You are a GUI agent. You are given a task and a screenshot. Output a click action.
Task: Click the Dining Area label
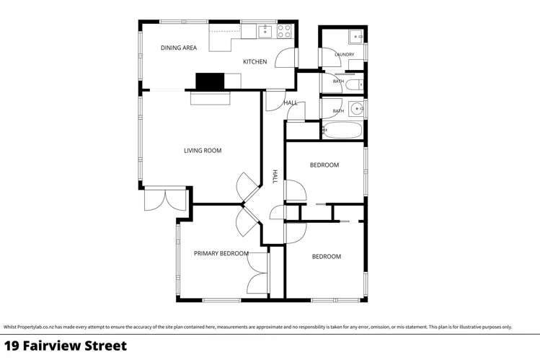coord(179,48)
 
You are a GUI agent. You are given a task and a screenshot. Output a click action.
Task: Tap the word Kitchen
coord(254,61)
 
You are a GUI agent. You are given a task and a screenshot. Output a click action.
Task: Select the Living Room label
coord(203,151)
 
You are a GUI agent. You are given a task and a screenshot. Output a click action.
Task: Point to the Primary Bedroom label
coord(221,253)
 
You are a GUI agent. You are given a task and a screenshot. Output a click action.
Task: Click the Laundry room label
coord(345,54)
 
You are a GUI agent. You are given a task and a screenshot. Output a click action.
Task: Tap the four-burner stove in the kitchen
coord(285,31)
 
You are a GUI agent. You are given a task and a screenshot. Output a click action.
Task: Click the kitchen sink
coord(265,31)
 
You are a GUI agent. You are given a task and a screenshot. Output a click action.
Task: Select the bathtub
coord(342,130)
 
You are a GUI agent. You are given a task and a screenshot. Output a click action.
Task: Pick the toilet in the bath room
coord(354,84)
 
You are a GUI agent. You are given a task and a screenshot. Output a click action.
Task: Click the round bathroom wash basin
coord(356,109)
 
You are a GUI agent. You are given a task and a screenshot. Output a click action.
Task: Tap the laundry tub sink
coord(355,37)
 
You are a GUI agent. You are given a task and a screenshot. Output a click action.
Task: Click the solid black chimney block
coord(210,82)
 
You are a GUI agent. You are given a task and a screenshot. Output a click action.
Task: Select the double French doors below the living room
coord(165,200)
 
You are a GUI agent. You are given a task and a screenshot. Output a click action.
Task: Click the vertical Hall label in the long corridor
coord(275,176)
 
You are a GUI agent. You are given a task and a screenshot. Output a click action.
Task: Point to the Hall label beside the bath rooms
coord(291,102)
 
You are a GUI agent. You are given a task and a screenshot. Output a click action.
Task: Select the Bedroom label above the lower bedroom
coord(326,257)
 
